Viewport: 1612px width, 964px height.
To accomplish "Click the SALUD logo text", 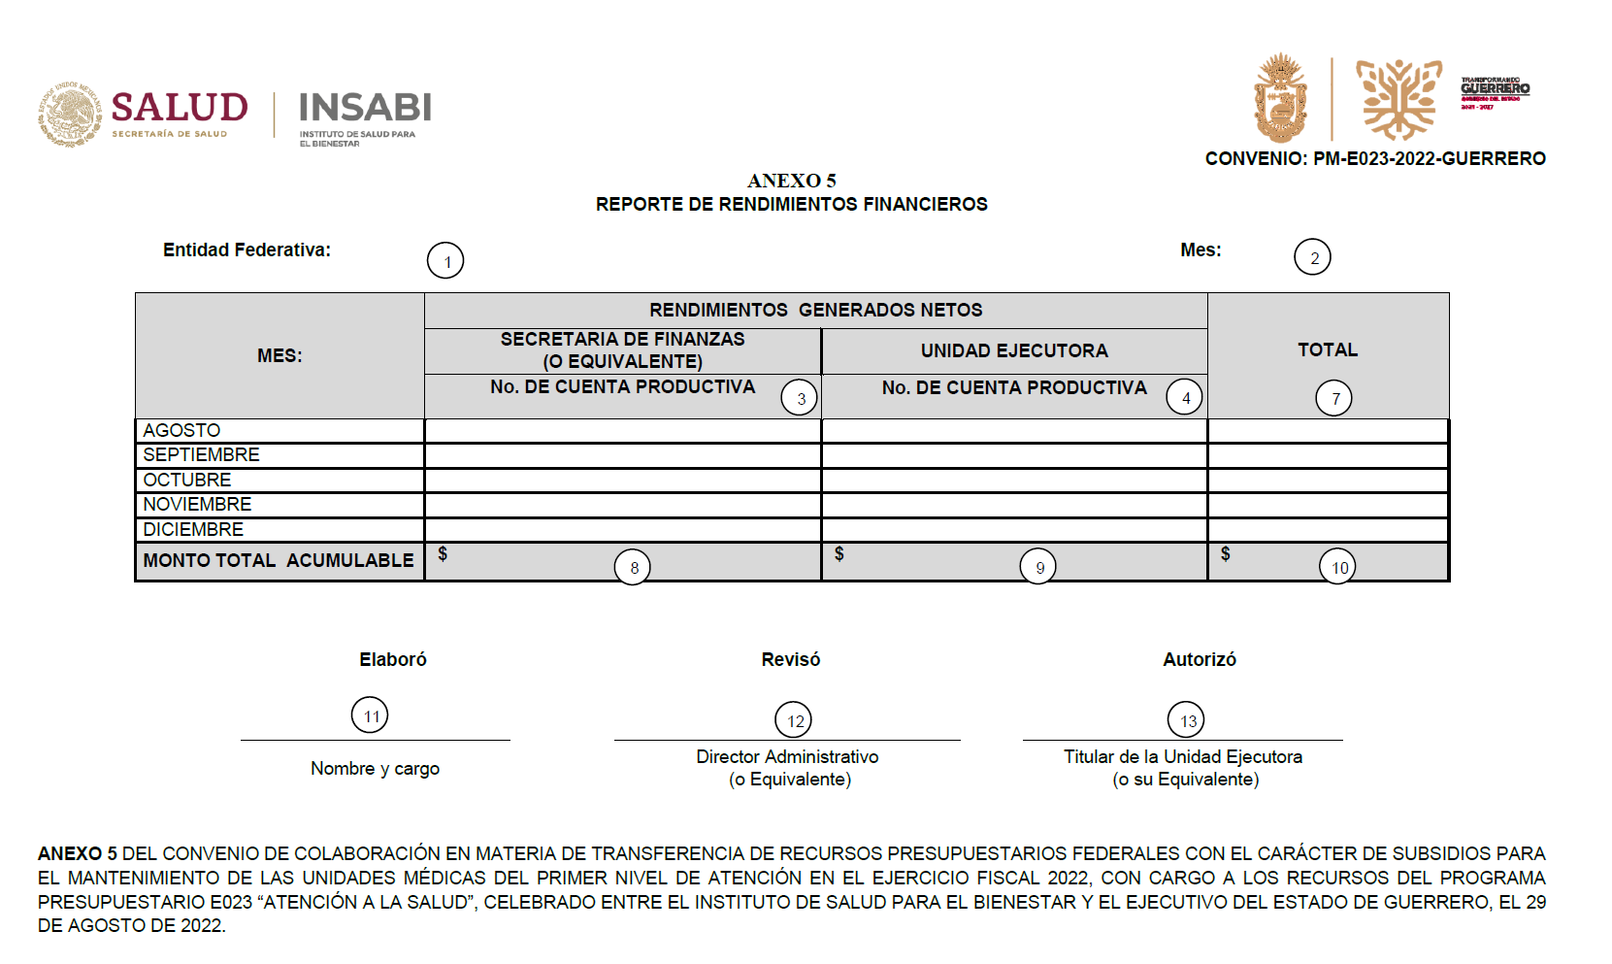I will [180, 107].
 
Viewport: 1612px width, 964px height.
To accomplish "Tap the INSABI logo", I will [365, 108].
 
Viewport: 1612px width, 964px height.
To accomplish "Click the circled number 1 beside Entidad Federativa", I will [445, 261].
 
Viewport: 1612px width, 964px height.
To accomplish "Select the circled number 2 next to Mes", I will [1312, 257].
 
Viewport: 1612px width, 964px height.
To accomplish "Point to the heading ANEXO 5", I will [791, 181].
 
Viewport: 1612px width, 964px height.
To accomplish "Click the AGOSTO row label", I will [181, 430].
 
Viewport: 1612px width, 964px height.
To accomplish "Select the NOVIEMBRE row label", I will [197, 504].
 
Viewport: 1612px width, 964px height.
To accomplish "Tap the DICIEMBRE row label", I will [193, 529].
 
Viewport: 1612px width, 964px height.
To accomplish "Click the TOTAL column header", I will [1327, 349].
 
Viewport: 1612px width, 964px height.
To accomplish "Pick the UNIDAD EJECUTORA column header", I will [1014, 350].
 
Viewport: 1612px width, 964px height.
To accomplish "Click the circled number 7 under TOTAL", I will [1333, 398].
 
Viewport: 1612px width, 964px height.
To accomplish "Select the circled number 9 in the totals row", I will [1038, 567].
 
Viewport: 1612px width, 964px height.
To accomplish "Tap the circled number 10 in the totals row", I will [1337, 567].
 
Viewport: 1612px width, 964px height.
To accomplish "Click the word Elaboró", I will [393, 659].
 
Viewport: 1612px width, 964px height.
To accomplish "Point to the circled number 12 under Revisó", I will [793, 720].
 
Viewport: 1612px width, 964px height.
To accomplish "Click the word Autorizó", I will [1200, 659].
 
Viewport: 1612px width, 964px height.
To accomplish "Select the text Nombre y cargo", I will [375, 768].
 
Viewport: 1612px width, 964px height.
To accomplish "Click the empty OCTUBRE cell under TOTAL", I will [1328, 480].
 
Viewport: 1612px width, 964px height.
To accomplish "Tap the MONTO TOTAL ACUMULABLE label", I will [279, 560].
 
